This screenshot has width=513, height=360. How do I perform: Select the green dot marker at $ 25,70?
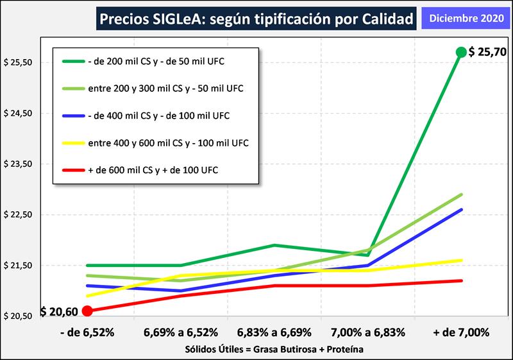460,52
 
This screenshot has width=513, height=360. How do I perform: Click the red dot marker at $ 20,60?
88,311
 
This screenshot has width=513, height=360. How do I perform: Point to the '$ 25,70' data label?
488,52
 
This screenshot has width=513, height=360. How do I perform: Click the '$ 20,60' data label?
59,312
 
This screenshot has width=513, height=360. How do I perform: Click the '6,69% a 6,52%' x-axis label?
181,332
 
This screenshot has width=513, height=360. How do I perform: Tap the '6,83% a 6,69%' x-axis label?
274,332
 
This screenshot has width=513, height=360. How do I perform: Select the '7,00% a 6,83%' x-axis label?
367,332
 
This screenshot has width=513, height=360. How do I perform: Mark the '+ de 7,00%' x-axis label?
460,332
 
